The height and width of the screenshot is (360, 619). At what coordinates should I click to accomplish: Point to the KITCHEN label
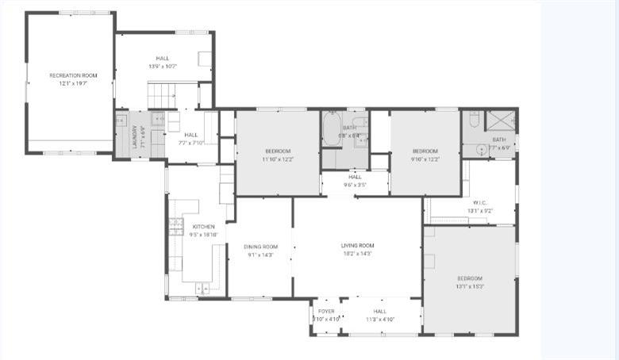pos(181,227)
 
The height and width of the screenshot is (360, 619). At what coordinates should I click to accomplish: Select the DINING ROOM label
pos(260,247)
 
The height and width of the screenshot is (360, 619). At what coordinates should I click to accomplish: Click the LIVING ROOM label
pos(357,246)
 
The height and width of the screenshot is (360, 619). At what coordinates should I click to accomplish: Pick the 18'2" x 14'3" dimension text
pos(357,254)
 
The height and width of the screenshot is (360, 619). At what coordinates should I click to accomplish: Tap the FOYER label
pos(326,312)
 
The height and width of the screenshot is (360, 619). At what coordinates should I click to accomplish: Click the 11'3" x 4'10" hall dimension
pos(380,319)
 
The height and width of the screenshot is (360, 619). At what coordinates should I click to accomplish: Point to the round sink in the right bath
pos(480,148)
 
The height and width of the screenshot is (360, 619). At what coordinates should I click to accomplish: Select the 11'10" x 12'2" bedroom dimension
pos(278,159)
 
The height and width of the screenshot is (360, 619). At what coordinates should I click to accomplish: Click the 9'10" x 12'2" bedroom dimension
pos(425,159)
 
